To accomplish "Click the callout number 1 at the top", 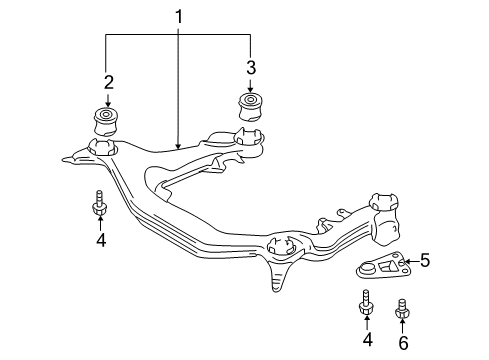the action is point(179,17).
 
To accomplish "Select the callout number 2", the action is point(109,82).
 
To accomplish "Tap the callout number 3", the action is point(251,67).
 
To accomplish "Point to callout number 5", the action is point(425,260).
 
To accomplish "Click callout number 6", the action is point(403,343).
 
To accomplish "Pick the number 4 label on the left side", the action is point(101,240).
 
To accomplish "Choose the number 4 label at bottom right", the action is point(367,340).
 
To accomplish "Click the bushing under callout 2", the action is point(106,121).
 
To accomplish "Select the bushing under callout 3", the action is point(251,107).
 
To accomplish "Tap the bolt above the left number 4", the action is point(99,203).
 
